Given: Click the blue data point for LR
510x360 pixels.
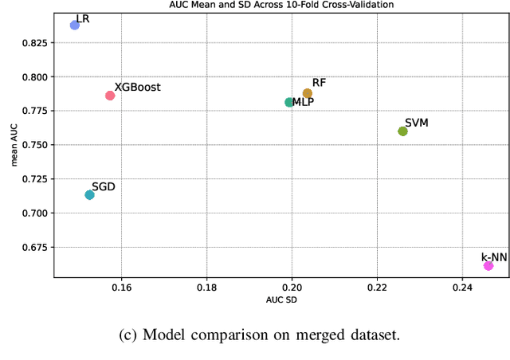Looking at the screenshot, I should [x=75, y=25].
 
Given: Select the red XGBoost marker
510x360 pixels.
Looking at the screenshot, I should [x=110, y=96].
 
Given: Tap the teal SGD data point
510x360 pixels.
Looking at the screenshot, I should [x=89, y=194].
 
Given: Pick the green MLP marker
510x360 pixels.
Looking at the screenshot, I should [x=289, y=102].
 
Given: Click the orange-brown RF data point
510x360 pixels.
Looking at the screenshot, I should [x=308, y=93].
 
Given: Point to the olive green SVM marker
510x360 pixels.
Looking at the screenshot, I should [x=402, y=131].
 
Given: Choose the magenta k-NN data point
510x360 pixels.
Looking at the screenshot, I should [x=488, y=265].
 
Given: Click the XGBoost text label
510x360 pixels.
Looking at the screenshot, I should [x=138, y=88].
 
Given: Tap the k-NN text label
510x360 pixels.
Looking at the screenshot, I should [x=494, y=256].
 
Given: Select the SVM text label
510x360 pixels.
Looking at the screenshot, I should [x=418, y=123].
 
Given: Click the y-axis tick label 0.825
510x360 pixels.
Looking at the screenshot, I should [x=33, y=42].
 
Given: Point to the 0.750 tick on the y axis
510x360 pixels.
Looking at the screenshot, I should [x=33, y=145].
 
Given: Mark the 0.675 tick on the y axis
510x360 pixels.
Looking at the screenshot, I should [x=33, y=247].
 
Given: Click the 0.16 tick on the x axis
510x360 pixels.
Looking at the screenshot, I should [x=121, y=287].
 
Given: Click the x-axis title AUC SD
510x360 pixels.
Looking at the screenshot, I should [x=281, y=299].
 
